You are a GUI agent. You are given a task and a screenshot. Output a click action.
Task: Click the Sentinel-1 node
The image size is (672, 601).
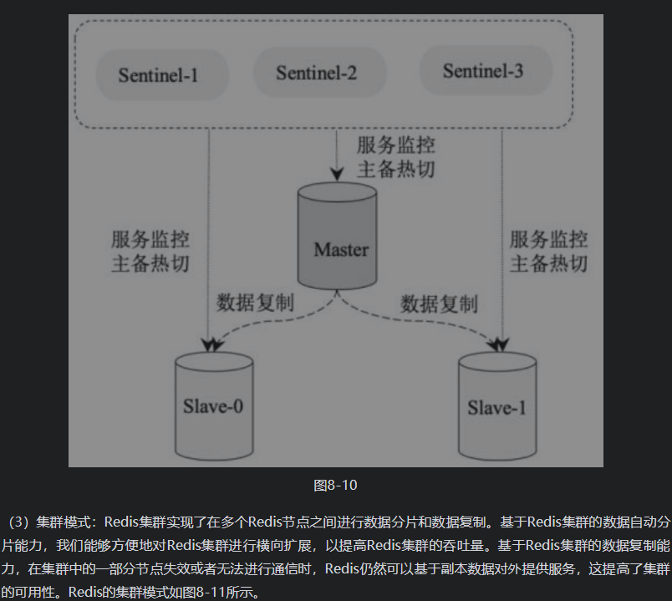158,75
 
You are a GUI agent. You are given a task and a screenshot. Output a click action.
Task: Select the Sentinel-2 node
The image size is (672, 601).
317,73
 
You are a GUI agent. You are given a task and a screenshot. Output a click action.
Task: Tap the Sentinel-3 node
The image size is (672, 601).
483,71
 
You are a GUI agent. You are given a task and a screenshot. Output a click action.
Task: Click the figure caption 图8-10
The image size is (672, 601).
335,486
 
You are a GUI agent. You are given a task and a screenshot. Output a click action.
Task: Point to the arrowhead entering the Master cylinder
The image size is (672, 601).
336,175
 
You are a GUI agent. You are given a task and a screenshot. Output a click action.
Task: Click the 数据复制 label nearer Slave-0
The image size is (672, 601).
255,302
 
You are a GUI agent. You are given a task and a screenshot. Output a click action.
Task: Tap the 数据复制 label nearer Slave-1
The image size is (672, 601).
439,303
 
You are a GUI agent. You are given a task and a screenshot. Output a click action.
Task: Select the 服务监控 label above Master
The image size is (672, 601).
396,145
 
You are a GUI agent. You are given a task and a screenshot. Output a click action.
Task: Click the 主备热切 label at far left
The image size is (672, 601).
150,264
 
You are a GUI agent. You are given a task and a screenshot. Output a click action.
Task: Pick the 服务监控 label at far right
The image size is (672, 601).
549,239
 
